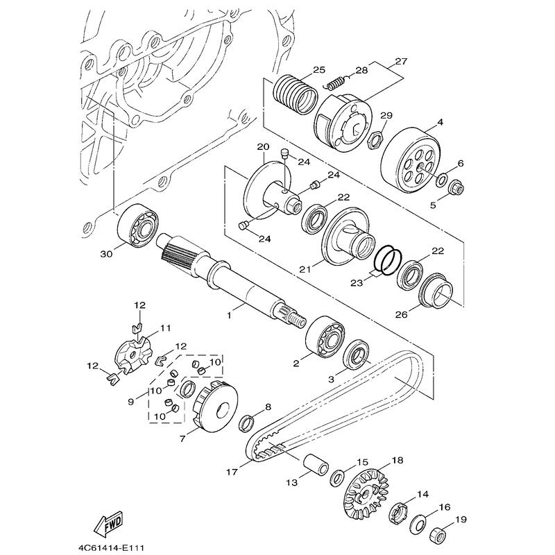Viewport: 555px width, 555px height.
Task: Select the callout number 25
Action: [318, 71]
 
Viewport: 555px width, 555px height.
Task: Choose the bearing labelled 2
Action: [325, 336]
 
